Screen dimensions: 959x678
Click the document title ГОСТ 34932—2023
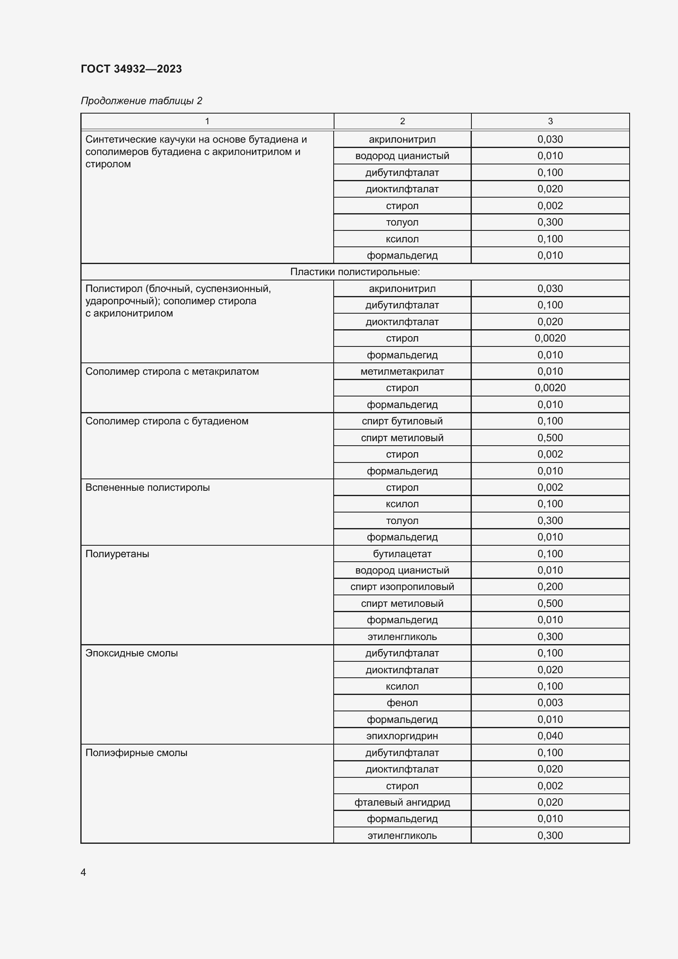coord(131,69)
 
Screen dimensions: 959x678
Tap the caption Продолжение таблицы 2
coord(141,101)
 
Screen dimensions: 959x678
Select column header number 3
coord(550,121)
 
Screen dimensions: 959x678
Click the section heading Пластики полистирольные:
coord(355,272)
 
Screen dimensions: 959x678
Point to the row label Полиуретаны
coord(117,554)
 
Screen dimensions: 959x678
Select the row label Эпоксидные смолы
coord(132,653)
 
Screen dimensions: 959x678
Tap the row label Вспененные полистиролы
coord(148,487)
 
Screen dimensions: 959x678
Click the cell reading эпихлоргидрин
coord(402,736)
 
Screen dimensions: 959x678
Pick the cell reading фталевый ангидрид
coord(402,802)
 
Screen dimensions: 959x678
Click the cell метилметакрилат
coord(402,371)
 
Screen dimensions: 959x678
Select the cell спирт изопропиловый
coord(402,587)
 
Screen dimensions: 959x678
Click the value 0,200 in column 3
coord(550,587)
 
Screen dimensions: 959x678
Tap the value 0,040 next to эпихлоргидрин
coord(550,736)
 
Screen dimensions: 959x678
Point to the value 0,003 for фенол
coord(550,703)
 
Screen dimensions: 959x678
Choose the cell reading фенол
coord(402,703)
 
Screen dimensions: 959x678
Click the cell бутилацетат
coord(402,554)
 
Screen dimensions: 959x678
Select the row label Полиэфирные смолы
coord(136,753)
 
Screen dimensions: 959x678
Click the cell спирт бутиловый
coord(402,421)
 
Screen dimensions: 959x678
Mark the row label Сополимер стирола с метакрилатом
coord(172,371)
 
